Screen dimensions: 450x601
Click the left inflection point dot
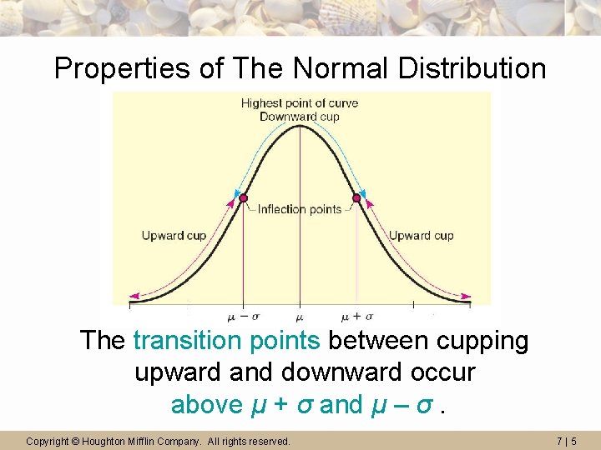pyautogui.click(x=244, y=198)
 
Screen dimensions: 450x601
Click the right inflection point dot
pyautogui.click(x=356, y=198)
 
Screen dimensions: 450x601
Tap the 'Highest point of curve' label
pyautogui.click(x=300, y=103)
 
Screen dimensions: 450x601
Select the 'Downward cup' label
pyautogui.click(x=300, y=117)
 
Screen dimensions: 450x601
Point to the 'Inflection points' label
pyautogui.click(x=300, y=209)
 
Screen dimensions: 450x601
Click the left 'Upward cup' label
pyautogui.click(x=174, y=236)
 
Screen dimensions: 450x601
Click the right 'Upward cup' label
pyautogui.click(x=422, y=236)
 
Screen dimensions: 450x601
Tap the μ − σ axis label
pyautogui.click(x=242, y=317)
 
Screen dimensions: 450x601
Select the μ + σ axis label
pyautogui.click(x=357, y=317)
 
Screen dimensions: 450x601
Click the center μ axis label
pyautogui.click(x=300, y=317)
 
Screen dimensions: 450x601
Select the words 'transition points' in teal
pyautogui.click(x=226, y=341)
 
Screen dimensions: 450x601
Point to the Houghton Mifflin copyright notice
pyautogui.click(x=159, y=441)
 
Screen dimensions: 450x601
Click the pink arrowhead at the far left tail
pyautogui.click(x=133, y=296)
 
